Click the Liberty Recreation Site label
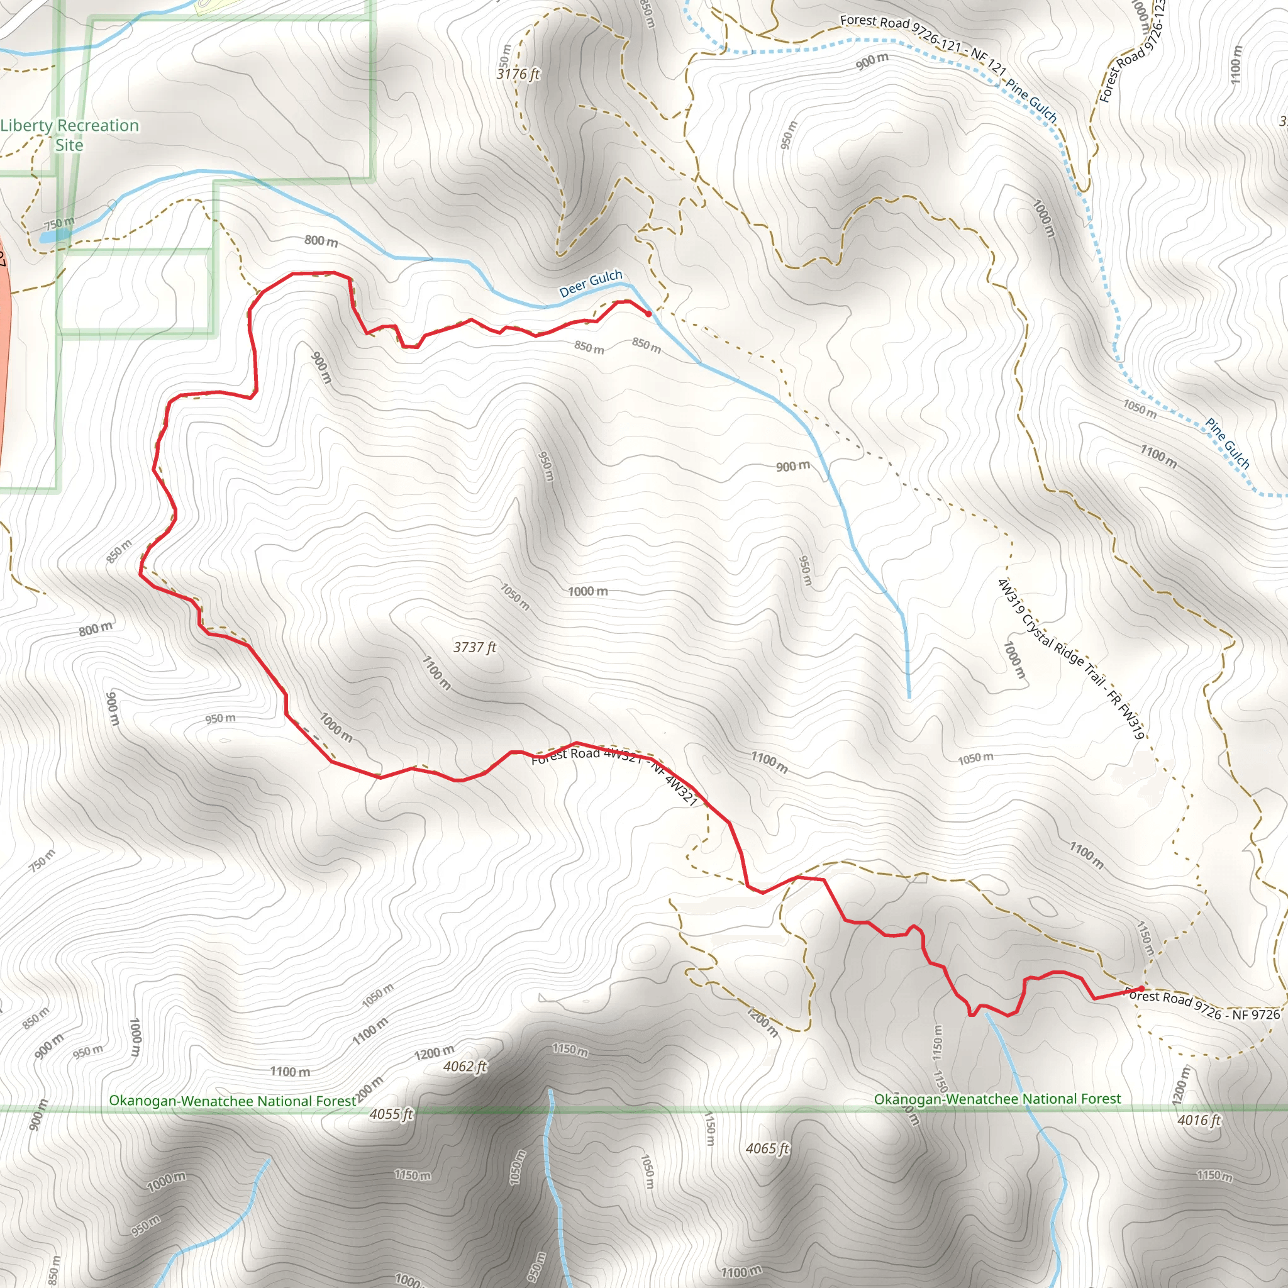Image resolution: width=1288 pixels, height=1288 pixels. click(x=69, y=135)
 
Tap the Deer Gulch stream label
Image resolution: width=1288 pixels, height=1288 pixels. click(x=590, y=284)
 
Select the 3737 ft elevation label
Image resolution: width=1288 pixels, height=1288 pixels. click(x=475, y=647)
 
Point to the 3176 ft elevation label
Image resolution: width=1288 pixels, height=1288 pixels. click(x=518, y=74)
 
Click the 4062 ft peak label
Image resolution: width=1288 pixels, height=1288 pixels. click(x=465, y=1067)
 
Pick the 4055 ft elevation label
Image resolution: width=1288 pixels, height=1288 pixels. click(x=391, y=1114)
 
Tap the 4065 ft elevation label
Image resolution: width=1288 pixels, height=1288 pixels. click(x=767, y=1148)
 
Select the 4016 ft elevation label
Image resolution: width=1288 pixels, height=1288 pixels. click(x=1199, y=1120)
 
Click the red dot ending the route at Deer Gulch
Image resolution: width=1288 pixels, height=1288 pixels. click(x=648, y=313)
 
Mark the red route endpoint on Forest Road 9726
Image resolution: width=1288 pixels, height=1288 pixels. click(x=1141, y=989)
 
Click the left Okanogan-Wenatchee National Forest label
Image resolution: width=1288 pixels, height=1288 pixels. click(x=233, y=1101)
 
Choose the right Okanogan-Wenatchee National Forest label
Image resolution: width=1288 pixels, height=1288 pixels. click(x=997, y=1099)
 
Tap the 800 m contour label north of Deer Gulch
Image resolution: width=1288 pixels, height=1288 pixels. click(x=321, y=241)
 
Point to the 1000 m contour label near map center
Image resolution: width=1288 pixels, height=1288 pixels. click(x=587, y=591)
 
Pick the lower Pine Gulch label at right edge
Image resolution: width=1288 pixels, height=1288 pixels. click(x=1228, y=443)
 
